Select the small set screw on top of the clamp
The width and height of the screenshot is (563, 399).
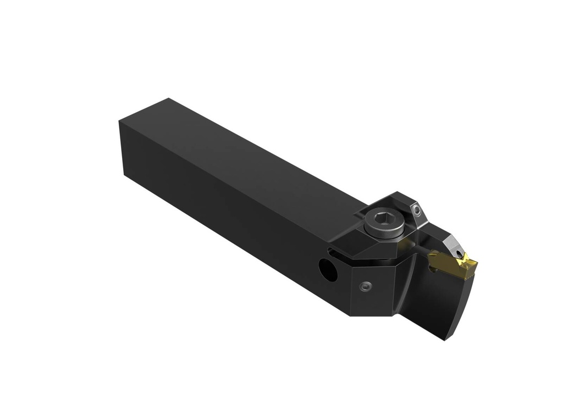pyautogui.click(x=417, y=209)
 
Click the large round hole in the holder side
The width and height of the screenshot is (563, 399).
pyautogui.click(x=328, y=269)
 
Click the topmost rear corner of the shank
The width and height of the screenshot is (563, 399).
pyautogui.click(x=167, y=99)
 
